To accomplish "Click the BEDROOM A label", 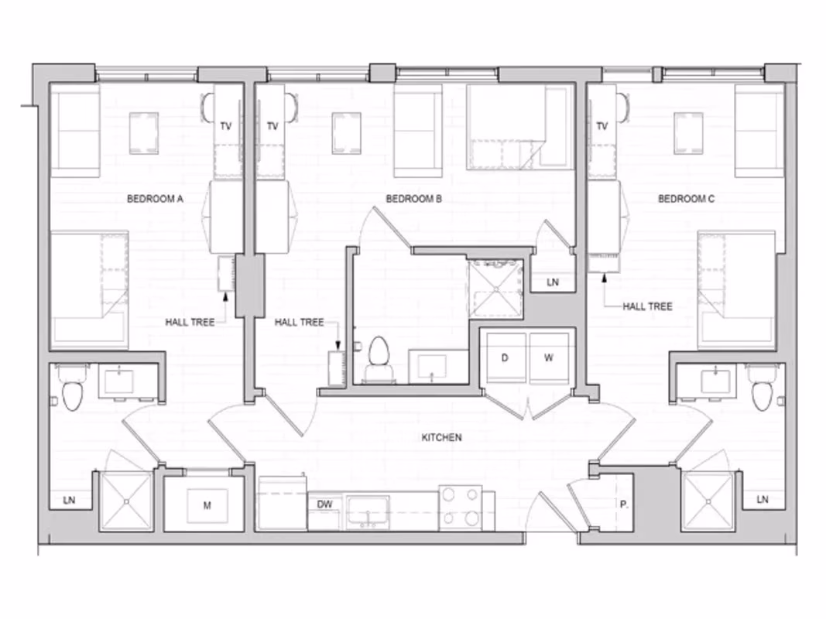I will tap(155, 199).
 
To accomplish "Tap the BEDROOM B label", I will tap(413, 199).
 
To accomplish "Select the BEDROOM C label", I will tap(686, 199).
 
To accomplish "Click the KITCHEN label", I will tap(441, 438).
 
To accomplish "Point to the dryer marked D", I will tap(504, 357).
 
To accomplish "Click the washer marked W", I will tap(549, 357).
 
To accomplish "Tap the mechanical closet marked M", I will tap(207, 506).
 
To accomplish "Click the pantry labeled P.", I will tap(623, 504).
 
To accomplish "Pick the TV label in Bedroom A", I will tap(226, 126).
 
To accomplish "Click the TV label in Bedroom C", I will tap(602, 126).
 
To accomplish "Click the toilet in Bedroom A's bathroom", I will tap(72, 392).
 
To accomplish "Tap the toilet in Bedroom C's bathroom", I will tap(762, 393).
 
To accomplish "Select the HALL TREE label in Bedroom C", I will tap(647, 306).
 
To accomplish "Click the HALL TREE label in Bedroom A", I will tap(190, 322).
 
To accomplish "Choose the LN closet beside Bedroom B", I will tap(552, 282).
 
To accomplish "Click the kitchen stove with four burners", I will tap(461, 508).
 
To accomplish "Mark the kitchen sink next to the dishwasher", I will tap(367, 511).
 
